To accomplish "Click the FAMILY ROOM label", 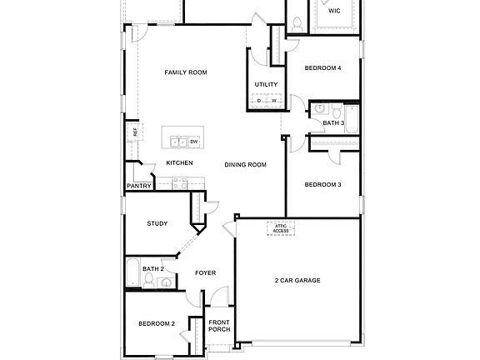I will tap(185, 72).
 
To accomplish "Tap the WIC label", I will tap(334, 12).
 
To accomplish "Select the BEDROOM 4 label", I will tap(322, 67).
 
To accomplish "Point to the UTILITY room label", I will tap(266, 85).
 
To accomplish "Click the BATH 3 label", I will tap(333, 123).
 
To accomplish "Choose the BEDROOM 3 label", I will tap(322, 184).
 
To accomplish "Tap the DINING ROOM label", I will tap(245, 165).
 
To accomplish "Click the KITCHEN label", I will tap(179, 162).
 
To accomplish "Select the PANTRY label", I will tap(139, 186).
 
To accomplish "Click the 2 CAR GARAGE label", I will tap(297, 280).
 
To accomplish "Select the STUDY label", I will tap(157, 223).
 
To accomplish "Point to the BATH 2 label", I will tap(152, 269).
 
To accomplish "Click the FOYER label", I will tap(206, 272).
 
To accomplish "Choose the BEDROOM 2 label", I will tap(156, 322).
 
